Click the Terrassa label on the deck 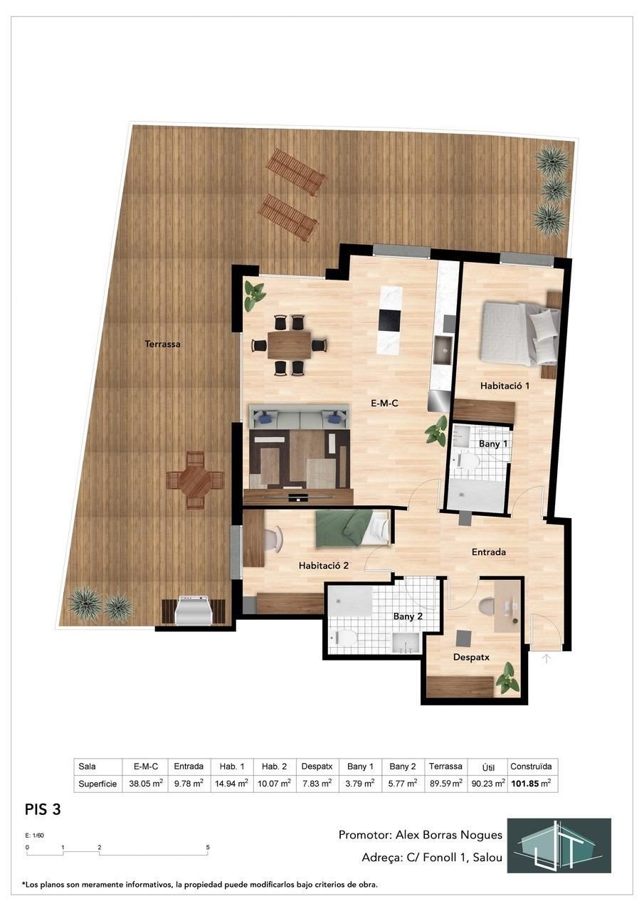162,344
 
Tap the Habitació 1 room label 505,386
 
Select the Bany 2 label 408,616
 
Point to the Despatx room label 471,657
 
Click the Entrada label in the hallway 489,552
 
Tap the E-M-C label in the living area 384,403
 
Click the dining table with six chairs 289,345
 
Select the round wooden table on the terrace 195,480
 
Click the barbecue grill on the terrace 193,610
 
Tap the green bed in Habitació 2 352,527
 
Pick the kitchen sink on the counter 445,349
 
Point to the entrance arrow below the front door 547,658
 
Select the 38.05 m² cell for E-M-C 145,784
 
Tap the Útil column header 488,767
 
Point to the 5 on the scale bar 207,848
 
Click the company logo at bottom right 563,845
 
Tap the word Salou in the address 486,858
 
